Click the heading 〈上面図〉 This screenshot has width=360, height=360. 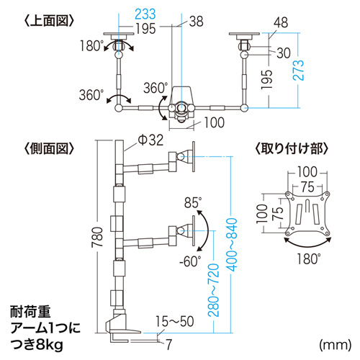click(x=49, y=20)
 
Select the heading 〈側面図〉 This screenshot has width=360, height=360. click(x=49, y=150)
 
